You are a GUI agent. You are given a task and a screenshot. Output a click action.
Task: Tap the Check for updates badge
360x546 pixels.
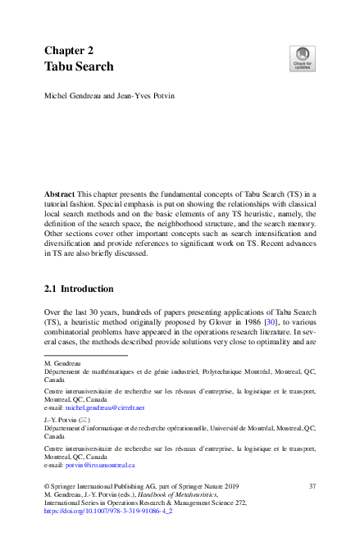[x=302, y=59]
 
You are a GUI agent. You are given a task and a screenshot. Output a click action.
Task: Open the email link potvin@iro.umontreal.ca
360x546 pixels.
[x=99, y=464]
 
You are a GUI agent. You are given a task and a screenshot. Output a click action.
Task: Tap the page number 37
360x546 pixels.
[x=312, y=487]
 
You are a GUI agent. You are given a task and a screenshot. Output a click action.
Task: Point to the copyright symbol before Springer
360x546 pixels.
[x=48, y=487]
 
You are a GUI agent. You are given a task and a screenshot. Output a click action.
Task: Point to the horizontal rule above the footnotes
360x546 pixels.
[x=86, y=355]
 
